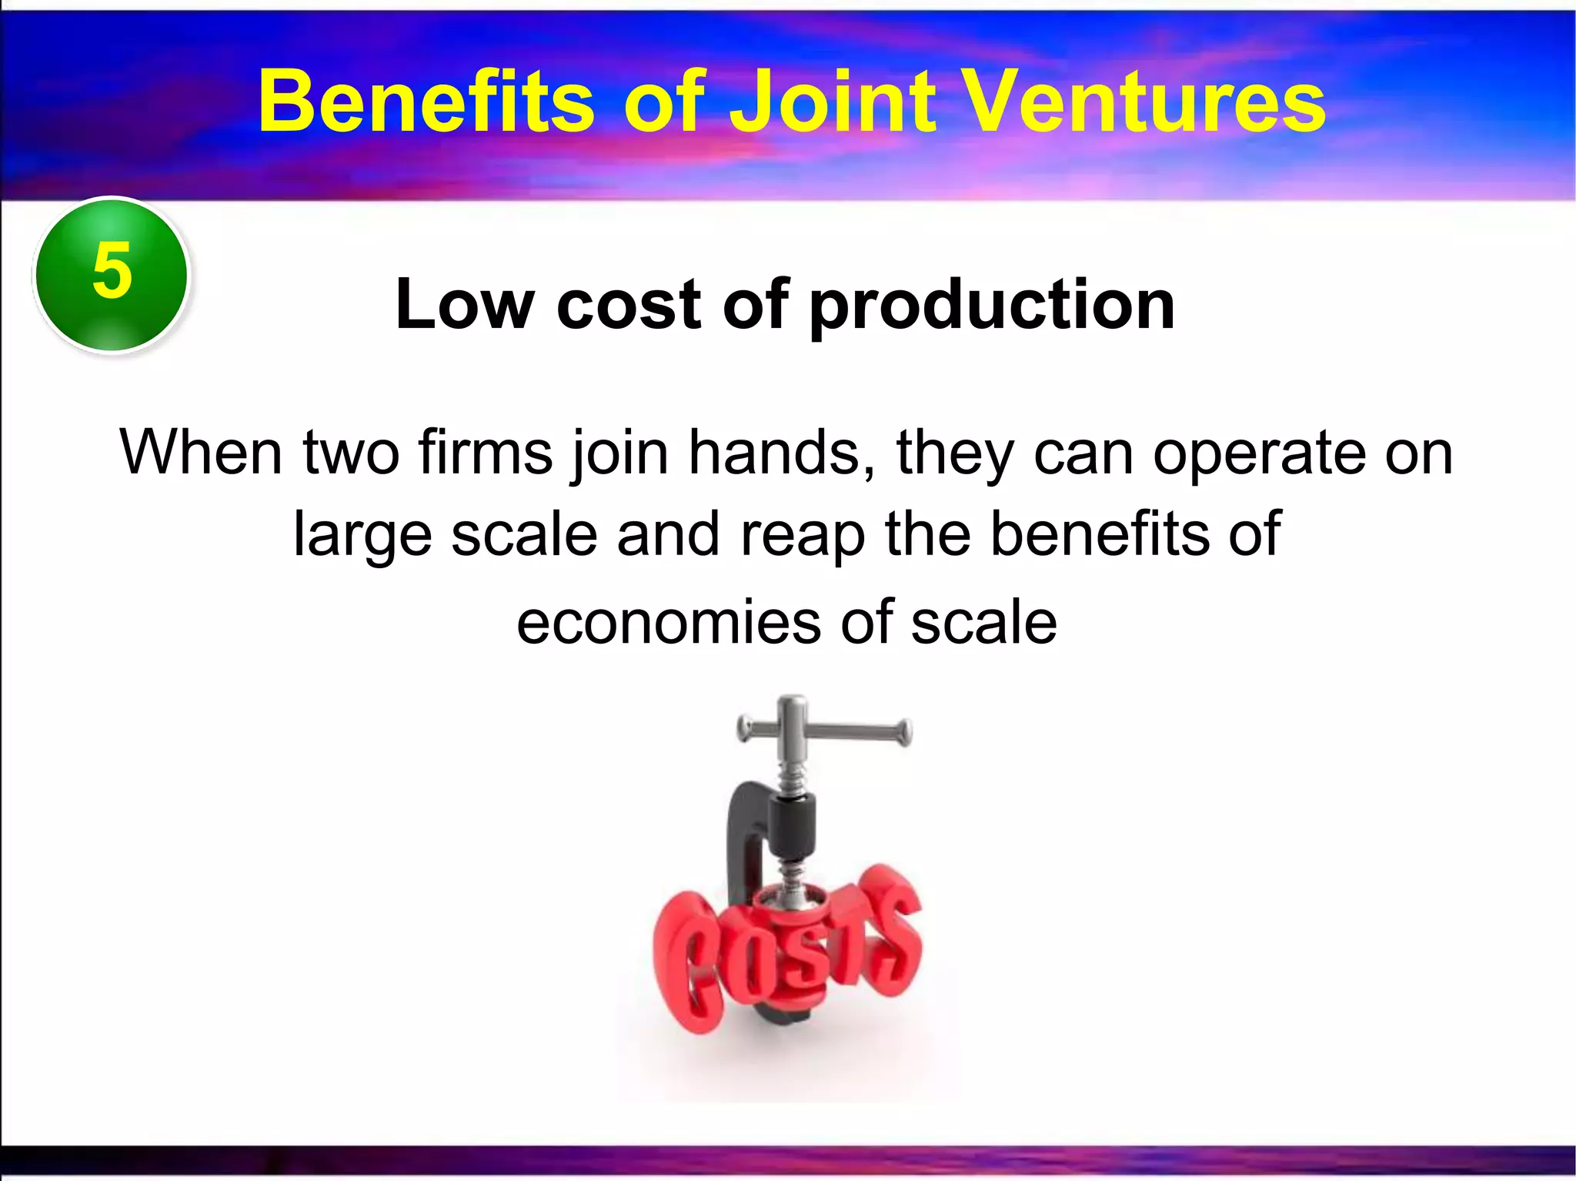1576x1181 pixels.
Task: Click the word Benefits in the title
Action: click(x=426, y=102)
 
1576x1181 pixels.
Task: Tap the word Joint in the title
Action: click(x=832, y=102)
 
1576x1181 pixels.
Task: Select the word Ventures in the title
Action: click(x=1144, y=102)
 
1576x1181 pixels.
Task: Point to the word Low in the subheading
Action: click(x=464, y=305)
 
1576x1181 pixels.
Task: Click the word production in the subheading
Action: click(x=993, y=306)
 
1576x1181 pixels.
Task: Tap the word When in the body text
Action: click(x=201, y=453)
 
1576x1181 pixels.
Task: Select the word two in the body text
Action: click(x=351, y=453)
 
